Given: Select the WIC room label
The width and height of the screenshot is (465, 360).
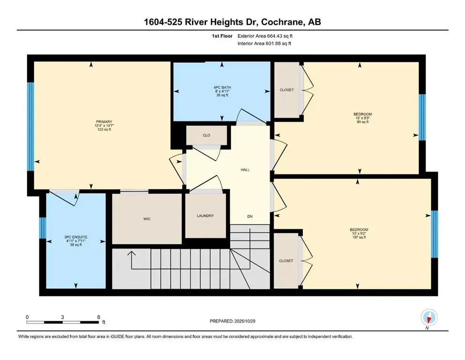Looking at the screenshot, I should [147, 219].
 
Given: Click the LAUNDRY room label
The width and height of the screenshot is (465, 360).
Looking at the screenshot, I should [205, 216].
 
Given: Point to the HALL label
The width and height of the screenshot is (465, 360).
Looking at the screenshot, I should [245, 170].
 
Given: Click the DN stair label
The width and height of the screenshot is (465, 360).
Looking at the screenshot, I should [250, 216].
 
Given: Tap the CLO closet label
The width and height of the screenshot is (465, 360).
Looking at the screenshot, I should [206, 135].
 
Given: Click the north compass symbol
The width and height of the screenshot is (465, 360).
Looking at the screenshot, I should [429, 318].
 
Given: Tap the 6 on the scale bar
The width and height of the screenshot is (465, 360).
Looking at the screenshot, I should [98, 317].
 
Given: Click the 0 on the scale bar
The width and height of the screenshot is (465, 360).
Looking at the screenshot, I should [28, 317].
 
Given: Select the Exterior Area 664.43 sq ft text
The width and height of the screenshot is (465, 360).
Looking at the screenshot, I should [266, 36].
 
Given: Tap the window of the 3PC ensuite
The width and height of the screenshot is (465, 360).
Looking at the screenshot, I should [42, 228].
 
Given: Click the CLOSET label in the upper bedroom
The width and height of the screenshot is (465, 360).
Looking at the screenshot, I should [287, 90].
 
